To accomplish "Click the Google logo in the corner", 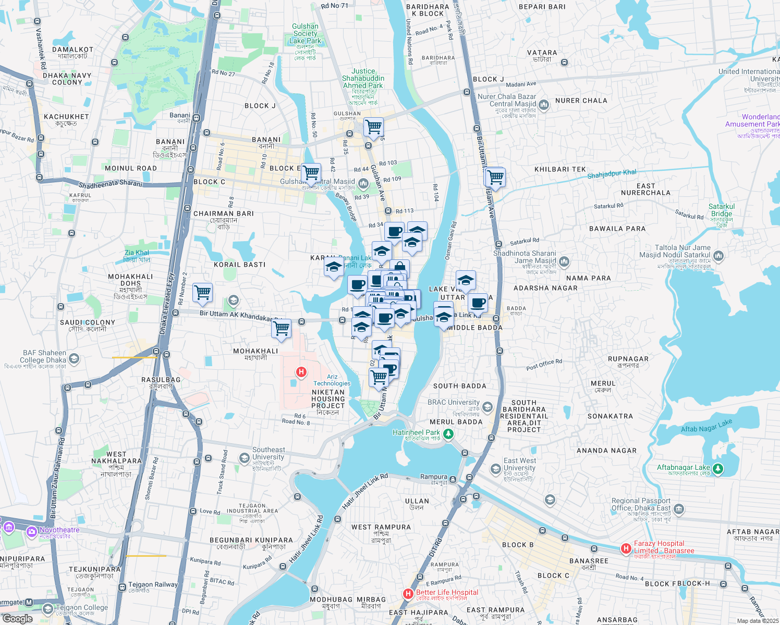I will point(17,618).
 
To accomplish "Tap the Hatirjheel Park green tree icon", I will point(448,433).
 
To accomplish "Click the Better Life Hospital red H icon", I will point(409,593).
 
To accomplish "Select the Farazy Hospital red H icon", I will point(626,548).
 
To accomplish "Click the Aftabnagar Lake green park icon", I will point(718,469).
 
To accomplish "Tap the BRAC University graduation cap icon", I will point(487,406).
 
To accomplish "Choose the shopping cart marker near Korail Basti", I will point(202,292).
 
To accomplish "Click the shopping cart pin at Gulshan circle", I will point(373,126).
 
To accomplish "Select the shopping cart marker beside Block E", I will point(311,171).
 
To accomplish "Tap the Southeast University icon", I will point(244,458).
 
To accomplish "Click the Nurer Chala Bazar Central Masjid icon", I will point(544,105).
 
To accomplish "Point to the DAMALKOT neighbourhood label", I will point(72,50).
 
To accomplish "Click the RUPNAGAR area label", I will point(628,359).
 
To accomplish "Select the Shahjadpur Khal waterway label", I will point(612,174).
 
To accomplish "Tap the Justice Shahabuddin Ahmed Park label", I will point(363,78).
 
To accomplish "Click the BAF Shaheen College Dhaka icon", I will point(74,358).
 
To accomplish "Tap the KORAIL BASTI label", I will point(240,265).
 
